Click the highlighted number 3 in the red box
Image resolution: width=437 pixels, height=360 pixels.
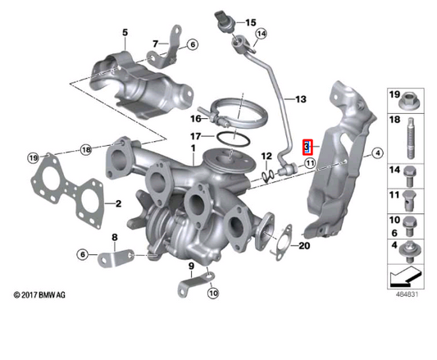click(307, 148)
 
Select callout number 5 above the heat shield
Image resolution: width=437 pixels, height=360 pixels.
click(125, 33)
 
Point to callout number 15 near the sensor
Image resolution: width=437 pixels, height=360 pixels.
click(250, 22)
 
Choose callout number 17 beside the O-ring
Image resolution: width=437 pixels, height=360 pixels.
click(195, 136)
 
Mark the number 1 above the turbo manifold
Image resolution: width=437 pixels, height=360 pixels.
click(193, 151)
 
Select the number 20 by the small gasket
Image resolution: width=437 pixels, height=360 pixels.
click(305, 245)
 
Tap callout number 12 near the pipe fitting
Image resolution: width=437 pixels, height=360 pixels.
click(266, 156)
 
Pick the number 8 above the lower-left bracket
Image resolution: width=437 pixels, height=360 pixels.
click(115, 238)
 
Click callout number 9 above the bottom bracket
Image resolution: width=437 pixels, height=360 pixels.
click(190, 266)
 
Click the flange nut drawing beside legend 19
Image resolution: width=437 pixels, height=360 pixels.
click(408, 101)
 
